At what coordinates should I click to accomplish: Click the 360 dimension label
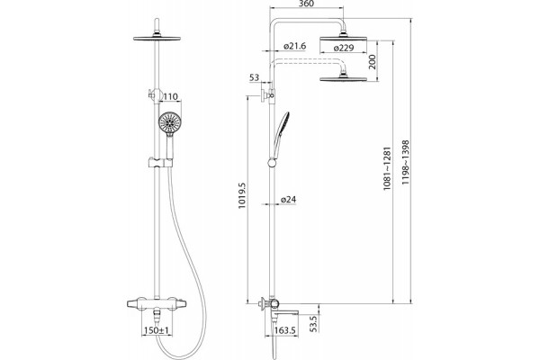306,4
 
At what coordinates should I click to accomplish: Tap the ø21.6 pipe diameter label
294,46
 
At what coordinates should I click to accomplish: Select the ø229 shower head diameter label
344,48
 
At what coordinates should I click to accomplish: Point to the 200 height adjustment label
373,62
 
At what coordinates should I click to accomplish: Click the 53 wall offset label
254,78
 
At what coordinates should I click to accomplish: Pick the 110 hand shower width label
170,97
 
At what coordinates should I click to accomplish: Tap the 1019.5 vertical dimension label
242,195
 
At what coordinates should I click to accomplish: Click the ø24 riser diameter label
288,200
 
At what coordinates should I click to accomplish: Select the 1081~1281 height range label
387,169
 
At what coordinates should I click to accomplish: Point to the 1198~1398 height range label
406,162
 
